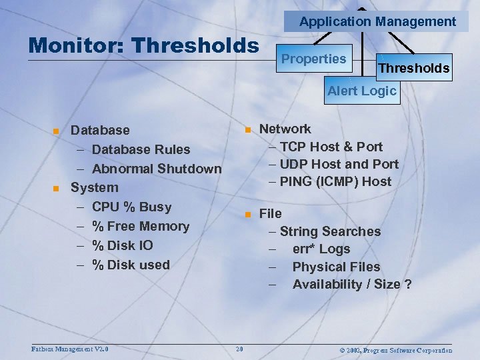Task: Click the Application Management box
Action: click(x=377, y=21)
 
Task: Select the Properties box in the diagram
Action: click(x=313, y=59)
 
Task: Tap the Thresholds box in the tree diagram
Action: click(x=413, y=67)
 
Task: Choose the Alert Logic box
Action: click(x=361, y=91)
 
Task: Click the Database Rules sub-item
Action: click(x=141, y=149)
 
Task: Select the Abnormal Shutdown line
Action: click(x=156, y=169)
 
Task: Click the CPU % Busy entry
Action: click(x=131, y=207)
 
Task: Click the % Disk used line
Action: click(x=131, y=265)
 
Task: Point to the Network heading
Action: click(x=285, y=129)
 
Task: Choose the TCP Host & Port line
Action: click(x=331, y=147)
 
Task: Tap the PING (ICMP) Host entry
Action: click(x=335, y=181)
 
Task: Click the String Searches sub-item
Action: click(x=329, y=231)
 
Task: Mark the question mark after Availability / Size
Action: click(x=407, y=285)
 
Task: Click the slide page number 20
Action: click(x=239, y=350)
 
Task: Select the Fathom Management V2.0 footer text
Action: click(x=70, y=349)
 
